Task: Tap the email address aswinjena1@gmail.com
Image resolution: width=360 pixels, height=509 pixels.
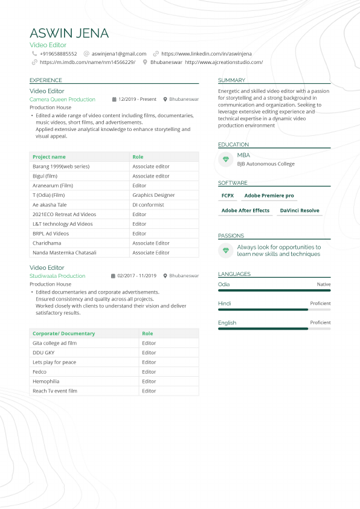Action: coord(118,54)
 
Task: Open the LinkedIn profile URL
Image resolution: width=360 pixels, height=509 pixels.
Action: coord(206,54)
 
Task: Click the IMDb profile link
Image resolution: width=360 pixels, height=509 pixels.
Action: coord(87,62)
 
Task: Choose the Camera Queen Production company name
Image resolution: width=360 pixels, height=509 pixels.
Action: coord(62,99)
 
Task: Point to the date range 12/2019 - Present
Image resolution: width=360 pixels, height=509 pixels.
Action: coord(137,99)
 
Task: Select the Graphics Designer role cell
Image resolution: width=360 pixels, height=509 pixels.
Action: coord(153,195)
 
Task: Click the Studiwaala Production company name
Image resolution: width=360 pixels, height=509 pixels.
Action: coord(57,275)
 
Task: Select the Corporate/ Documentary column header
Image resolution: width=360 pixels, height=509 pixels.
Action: coord(63,333)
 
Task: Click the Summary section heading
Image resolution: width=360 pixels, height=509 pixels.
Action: coord(231,80)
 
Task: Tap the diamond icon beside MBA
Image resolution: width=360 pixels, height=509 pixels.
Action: coord(226,159)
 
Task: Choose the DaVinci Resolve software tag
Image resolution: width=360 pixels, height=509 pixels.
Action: coord(299,211)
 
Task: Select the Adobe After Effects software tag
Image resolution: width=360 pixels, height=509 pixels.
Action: coord(245,211)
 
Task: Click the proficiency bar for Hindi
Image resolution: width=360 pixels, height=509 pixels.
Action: coord(274,310)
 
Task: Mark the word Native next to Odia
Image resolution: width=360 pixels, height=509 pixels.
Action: coord(324,284)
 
